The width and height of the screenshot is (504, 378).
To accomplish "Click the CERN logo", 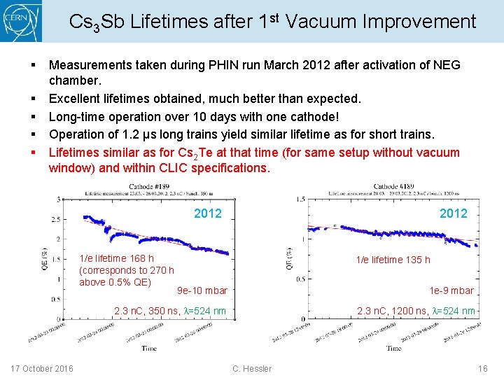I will coord(21,21).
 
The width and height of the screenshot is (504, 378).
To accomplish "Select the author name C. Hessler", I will coord(251,368).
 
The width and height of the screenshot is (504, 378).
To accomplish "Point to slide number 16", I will coord(482,368).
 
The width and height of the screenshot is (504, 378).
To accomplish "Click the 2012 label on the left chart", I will coord(207,213).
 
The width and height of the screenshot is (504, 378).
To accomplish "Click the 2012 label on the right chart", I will coord(453,213).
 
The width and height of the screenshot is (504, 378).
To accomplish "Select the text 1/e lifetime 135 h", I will coord(393,260).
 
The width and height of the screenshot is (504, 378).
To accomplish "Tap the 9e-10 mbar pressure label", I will coord(202,290).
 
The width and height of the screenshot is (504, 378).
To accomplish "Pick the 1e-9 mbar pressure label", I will coord(451,290).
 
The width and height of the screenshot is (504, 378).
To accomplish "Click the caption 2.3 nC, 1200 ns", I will coord(416,311).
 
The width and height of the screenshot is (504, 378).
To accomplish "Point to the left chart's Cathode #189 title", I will coord(150,186).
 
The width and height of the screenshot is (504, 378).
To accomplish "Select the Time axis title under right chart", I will coord(394,348).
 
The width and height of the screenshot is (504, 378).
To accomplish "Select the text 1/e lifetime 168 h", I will coord(117,259).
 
